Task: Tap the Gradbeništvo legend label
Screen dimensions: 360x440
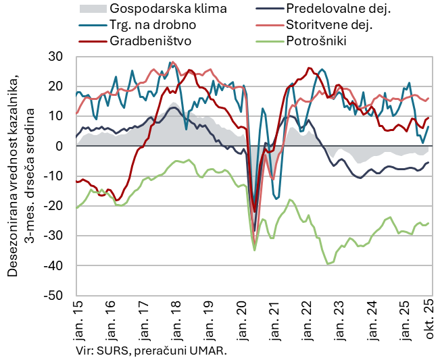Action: pos(150,40)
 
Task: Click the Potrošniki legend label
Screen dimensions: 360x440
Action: pos(316,40)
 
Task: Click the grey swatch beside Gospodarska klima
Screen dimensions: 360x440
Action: pos(93,9)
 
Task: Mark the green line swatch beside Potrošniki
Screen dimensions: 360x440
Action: pos(268,40)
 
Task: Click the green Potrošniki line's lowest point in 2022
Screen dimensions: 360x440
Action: pos(328,263)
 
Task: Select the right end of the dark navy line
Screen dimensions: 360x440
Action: pos(429,163)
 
